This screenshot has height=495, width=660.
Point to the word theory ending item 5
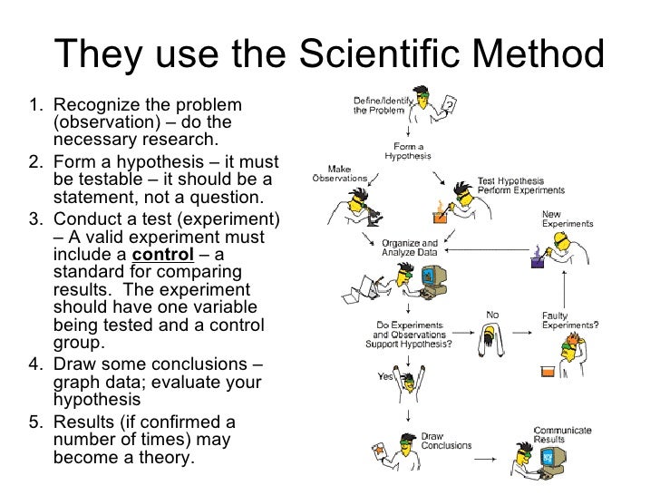pyautogui.click(x=163, y=458)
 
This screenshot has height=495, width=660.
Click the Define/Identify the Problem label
pyautogui.click(x=379, y=104)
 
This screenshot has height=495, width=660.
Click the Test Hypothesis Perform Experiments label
pyautogui.click(x=520, y=186)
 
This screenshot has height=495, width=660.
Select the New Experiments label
pyautogui.click(x=568, y=218)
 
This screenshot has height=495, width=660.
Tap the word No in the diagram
pyautogui.click(x=492, y=315)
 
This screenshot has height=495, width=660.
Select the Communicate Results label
pyautogui.click(x=562, y=435)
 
